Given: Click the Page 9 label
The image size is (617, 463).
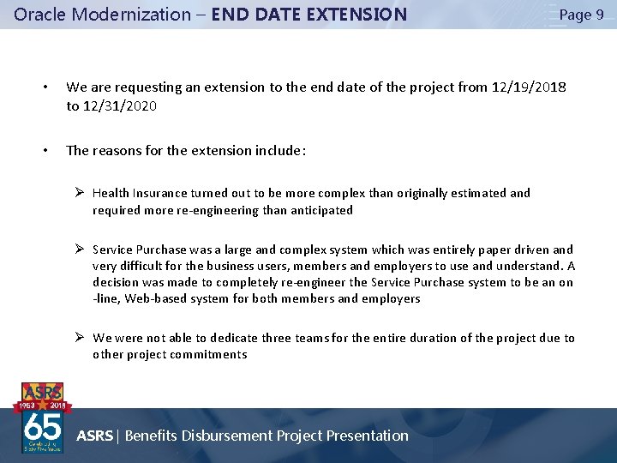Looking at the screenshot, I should coord(581,15).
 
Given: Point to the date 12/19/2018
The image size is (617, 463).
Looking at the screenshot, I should coord(529,87).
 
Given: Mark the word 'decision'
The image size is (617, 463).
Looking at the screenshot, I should coord(116,282).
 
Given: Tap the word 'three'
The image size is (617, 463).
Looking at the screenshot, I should coord(278,338).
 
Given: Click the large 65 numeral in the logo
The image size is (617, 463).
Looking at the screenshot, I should coord(43,425).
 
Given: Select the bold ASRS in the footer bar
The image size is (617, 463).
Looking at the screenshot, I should coord(94,436).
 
